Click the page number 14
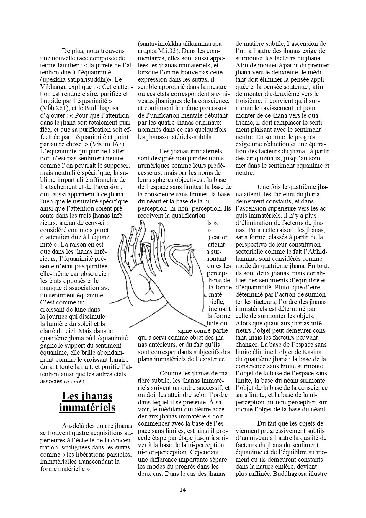click(182, 490)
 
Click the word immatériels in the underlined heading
click(87, 408)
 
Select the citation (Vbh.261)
click(55, 108)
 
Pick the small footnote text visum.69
click(74, 382)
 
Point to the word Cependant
click(206, 452)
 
